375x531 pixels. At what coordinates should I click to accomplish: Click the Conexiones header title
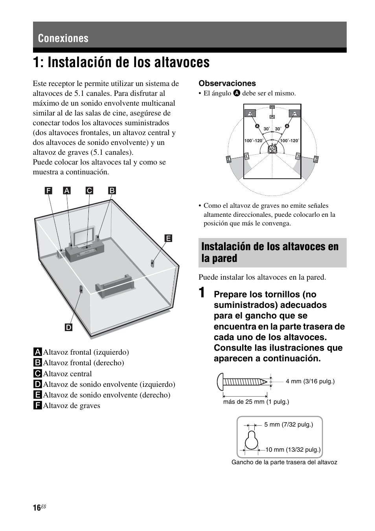pyautogui.click(x=63, y=38)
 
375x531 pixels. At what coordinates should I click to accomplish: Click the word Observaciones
pyautogui.click(x=227, y=83)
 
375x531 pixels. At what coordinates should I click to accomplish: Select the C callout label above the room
pyautogui.click(x=90, y=190)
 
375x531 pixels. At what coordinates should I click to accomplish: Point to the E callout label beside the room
pyautogui.click(x=168, y=238)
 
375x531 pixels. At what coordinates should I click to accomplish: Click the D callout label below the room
pyautogui.click(x=68, y=327)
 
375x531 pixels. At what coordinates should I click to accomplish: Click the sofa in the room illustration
pyautogui.click(x=114, y=286)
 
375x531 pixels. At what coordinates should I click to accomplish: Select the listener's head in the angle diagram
pyautogui.click(x=272, y=149)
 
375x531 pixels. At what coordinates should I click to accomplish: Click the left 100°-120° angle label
pyautogui.click(x=254, y=141)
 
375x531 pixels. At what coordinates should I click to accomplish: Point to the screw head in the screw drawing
pyautogui.click(x=221, y=381)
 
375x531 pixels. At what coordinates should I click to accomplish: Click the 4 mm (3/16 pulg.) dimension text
pyautogui.click(x=310, y=381)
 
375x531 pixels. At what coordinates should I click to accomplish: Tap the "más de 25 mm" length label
pyautogui.click(x=256, y=401)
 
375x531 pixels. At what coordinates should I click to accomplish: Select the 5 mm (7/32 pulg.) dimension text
pyautogui.click(x=289, y=424)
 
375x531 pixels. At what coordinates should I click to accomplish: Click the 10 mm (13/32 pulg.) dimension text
pyautogui.click(x=293, y=449)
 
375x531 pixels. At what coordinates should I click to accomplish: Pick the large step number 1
pyautogui.click(x=202, y=293)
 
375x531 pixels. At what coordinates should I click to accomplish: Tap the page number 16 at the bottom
pyautogui.click(x=37, y=508)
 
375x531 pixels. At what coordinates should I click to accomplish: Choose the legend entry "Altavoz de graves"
pyautogui.click(x=71, y=406)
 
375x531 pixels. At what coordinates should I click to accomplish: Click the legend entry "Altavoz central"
pyautogui.click(x=67, y=374)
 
